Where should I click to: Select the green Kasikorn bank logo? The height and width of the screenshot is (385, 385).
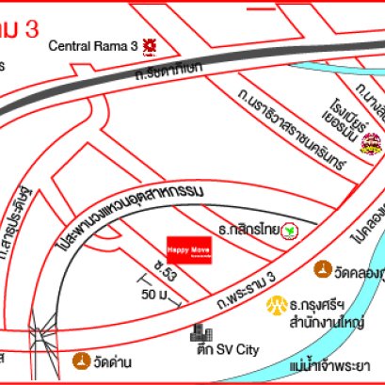tap(293, 230)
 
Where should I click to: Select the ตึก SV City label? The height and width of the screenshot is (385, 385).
tap(234, 349)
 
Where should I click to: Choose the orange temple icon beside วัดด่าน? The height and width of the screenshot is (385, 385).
tap(82, 361)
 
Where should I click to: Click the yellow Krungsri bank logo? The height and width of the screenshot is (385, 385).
tap(278, 306)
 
